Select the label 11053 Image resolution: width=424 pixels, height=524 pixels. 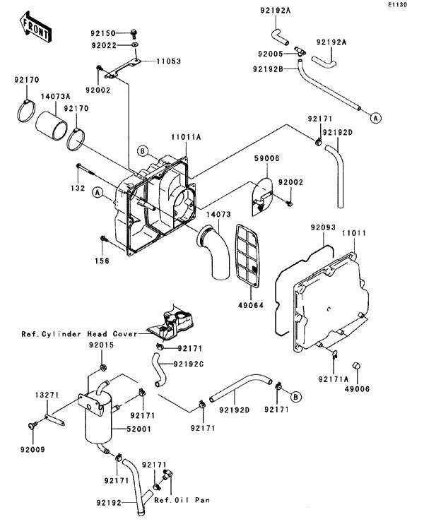click(168, 61)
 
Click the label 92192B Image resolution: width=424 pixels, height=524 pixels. click(267, 69)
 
